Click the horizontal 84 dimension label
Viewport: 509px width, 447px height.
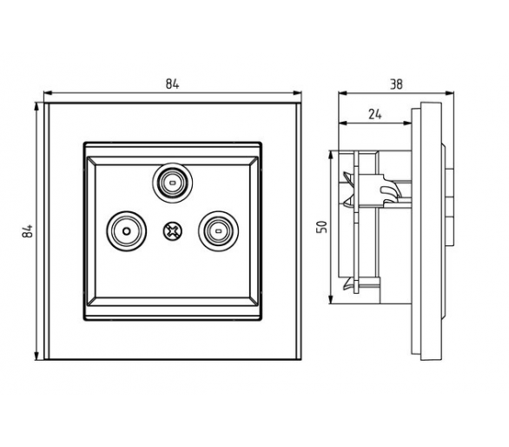pyautogui.click(x=172, y=83)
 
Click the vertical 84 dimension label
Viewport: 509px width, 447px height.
pyautogui.click(x=28, y=230)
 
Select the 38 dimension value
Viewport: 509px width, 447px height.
pyautogui.click(x=396, y=84)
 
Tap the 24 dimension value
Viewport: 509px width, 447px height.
pyautogui.click(x=375, y=115)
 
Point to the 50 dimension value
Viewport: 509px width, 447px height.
pyautogui.click(x=321, y=227)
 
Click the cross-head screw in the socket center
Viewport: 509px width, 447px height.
pyautogui.click(x=172, y=231)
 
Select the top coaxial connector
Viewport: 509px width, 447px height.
pyautogui.click(x=172, y=183)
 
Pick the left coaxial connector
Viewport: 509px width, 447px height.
pyautogui.click(x=127, y=231)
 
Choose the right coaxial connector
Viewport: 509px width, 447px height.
pyautogui.click(x=219, y=231)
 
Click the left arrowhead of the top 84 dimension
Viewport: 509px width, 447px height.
pyautogui.click(x=48, y=93)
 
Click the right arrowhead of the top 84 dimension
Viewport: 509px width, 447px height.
pyautogui.click(x=297, y=93)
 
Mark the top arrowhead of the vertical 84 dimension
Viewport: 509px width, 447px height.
pyautogui.click(x=36, y=106)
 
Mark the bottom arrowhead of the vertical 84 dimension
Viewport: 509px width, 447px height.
pyautogui.click(x=36, y=356)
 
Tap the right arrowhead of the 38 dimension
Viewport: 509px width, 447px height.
pyautogui.click(x=450, y=93)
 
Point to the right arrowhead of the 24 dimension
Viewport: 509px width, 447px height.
pyautogui.click(x=407, y=123)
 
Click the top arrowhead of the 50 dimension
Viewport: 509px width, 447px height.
pyautogui.click(x=331, y=155)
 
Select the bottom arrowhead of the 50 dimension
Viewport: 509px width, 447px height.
pyautogui.click(x=331, y=300)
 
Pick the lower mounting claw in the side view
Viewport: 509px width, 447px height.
pyautogui.click(x=348, y=284)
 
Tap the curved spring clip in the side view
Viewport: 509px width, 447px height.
pyautogui.click(x=391, y=190)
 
